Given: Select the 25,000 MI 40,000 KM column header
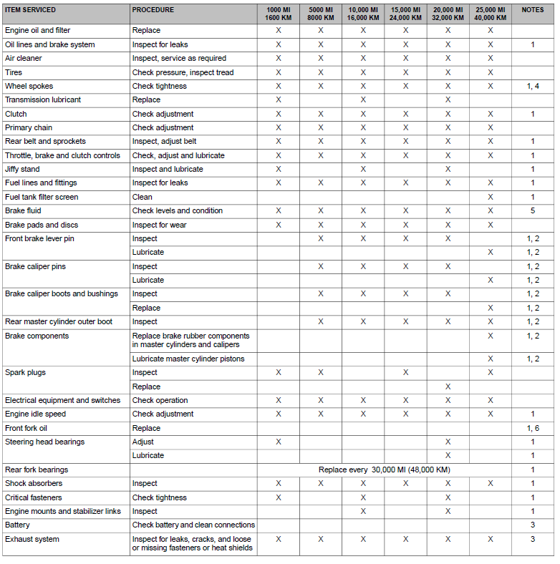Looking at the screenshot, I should (x=491, y=14).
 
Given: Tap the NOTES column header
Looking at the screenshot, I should (x=533, y=10).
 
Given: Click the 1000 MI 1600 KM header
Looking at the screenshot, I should (x=278, y=14).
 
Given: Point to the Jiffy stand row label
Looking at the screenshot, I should (x=22, y=170).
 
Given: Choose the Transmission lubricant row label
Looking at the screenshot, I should (x=43, y=100).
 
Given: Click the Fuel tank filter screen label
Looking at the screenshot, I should (x=42, y=197).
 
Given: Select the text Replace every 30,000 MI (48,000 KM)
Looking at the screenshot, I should (x=384, y=470).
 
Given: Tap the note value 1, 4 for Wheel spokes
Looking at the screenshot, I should (x=533, y=86).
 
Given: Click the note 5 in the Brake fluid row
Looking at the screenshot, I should (x=533, y=211).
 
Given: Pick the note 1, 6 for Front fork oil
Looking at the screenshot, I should (x=533, y=428).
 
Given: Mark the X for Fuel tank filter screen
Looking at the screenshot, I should (x=491, y=197).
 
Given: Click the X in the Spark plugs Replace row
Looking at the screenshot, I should (x=448, y=386).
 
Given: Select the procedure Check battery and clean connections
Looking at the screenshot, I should (x=193, y=525).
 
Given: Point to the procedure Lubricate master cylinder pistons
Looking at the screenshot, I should (x=188, y=359).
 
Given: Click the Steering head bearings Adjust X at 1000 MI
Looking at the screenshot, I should (x=278, y=442).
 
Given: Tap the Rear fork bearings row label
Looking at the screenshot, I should (x=37, y=470).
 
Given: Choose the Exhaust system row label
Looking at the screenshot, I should (x=32, y=539).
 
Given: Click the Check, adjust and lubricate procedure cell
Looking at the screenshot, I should (x=178, y=155).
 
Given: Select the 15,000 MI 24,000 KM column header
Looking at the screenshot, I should (x=405, y=14).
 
